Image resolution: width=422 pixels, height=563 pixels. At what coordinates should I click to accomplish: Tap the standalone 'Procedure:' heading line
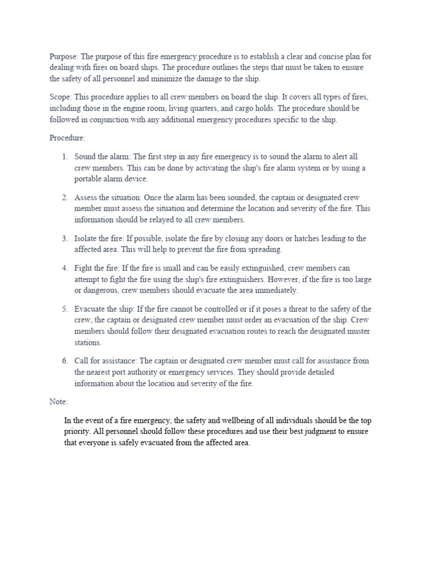tap(68, 137)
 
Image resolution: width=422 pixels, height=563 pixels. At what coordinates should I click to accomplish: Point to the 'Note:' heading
tap(58, 402)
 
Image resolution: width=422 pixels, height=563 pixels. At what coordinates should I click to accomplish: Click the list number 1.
tap(65, 157)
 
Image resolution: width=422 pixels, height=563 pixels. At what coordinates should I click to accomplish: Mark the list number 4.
tap(65, 268)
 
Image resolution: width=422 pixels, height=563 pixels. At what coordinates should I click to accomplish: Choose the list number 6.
tap(65, 361)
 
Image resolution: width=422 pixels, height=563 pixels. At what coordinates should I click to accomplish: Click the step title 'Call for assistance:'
tap(106, 361)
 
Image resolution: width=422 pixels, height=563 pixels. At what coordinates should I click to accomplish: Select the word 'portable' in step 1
tap(89, 179)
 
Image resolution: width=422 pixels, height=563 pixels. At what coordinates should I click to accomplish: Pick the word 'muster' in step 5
tap(357, 332)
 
